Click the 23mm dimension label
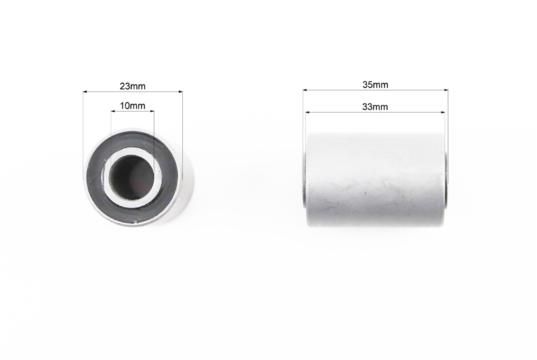point(133,86)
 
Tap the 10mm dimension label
point(133,106)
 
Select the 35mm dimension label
point(375,85)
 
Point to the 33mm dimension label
point(375,107)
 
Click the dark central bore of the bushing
point(133,177)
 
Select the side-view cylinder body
point(376,179)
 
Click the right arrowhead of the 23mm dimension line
point(181,91)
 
